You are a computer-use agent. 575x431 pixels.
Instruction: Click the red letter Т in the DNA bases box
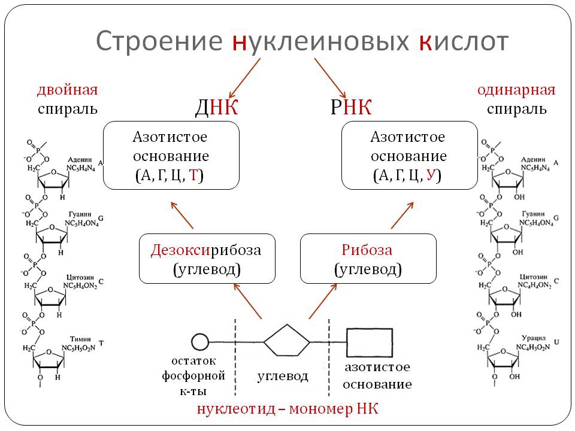pyautogui.click(x=193, y=175)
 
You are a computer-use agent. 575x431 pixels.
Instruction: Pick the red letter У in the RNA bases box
pyautogui.click(x=431, y=175)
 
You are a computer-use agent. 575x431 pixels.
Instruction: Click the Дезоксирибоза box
pyautogui.click(x=207, y=258)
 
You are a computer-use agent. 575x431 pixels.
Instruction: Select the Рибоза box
pyautogui.click(x=367, y=258)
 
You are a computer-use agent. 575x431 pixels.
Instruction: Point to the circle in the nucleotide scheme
pyautogui.click(x=199, y=342)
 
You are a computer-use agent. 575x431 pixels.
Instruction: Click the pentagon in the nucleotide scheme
pyautogui.click(x=287, y=342)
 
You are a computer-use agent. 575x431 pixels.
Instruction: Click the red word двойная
pyautogui.click(x=67, y=90)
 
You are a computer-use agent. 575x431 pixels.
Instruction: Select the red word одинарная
pyautogui.click(x=516, y=90)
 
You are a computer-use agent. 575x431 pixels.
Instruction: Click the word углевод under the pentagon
pyautogui.click(x=283, y=376)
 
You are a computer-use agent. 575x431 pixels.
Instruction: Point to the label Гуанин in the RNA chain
pyautogui.click(x=532, y=214)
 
